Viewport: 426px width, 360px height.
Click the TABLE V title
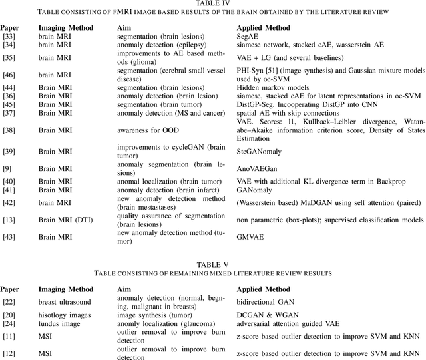(x=213, y=264)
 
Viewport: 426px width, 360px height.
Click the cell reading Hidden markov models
(x=272, y=87)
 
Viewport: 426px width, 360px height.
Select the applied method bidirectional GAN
(x=266, y=303)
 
